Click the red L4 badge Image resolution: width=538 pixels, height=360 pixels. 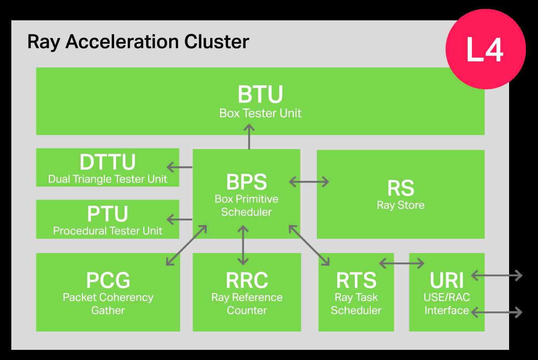[x=485, y=49]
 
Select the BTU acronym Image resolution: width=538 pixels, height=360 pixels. [x=260, y=94]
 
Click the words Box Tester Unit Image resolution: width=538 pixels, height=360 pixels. [x=260, y=113]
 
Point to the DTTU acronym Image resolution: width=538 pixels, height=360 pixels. [x=107, y=162]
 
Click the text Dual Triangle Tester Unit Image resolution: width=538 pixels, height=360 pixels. [x=107, y=179]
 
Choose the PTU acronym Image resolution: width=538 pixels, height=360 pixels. [x=107, y=214]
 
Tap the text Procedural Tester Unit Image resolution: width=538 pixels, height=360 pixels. [x=107, y=231]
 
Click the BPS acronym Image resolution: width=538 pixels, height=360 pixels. [x=247, y=182]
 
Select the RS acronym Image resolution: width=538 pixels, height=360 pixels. [x=400, y=188]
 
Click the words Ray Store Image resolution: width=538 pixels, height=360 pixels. [x=400, y=205]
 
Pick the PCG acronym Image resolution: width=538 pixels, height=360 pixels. [x=108, y=280]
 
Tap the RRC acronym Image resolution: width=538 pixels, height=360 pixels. [x=247, y=280]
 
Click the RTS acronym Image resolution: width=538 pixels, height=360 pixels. [x=356, y=280]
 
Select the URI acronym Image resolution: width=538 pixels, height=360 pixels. [x=447, y=280]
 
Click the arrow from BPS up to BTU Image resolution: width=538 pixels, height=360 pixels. [x=249, y=136]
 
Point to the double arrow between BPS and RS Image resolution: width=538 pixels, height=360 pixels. [x=309, y=182]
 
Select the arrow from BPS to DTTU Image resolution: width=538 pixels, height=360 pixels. [x=179, y=167]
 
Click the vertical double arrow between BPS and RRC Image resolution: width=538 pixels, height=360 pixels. [x=243, y=245]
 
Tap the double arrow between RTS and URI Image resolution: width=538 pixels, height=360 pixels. [x=402, y=263]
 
